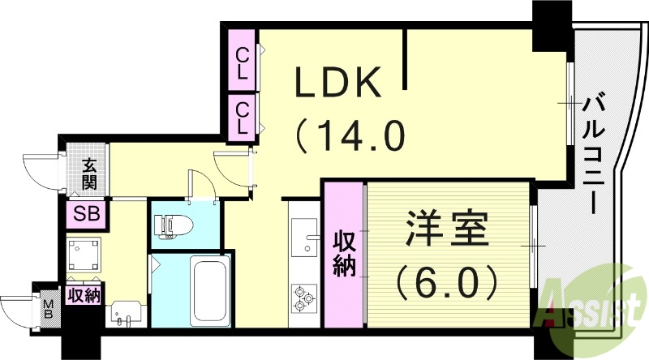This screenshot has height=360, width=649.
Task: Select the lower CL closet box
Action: pos(242,117)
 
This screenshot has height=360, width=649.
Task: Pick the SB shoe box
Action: pos(84,214)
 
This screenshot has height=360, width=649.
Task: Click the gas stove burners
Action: pos(304,298)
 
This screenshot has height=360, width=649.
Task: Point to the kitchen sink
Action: pos(305,242)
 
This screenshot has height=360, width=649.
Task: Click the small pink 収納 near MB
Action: pos(84,294)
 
